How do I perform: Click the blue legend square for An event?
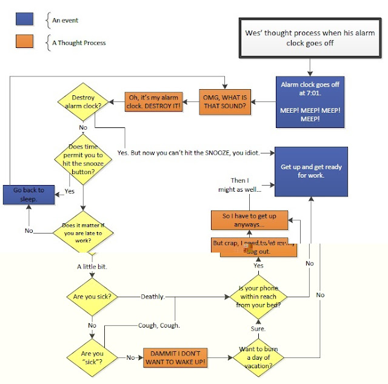point(24,21)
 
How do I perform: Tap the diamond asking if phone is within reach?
point(259,297)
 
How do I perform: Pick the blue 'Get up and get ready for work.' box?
point(310,171)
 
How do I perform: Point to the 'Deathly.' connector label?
point(152,297)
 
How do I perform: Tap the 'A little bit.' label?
point(92,266)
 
